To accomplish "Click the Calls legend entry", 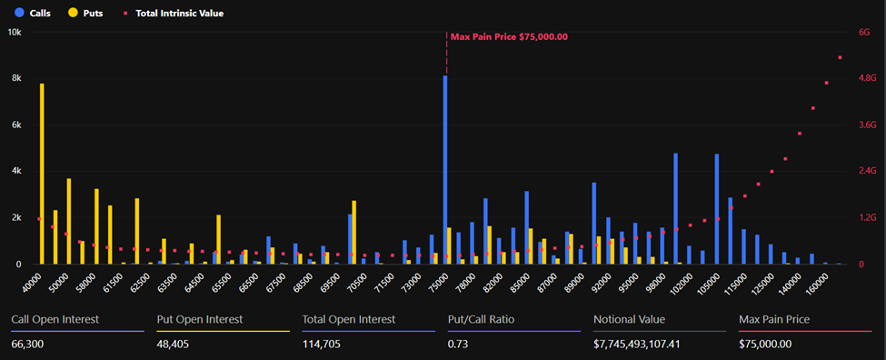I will pos(34,14).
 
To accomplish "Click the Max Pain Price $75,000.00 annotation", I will pos(509,37).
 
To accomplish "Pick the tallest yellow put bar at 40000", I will pos(42,174).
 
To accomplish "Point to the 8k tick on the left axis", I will pos(15,79).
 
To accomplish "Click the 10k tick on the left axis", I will pos(15,32).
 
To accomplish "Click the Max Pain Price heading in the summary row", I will pos(774,319).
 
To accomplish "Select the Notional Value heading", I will pos(629,319).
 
